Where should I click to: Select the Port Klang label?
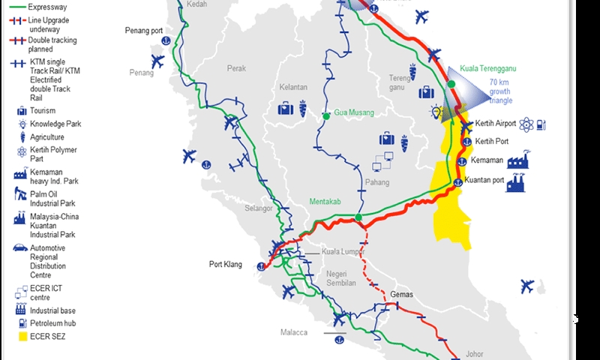tap(225, 264)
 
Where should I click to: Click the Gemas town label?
tap(402, 295)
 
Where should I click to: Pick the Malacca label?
tap(294, 331)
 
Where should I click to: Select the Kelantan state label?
tap(292, 87)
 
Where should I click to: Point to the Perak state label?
tap(237, 68)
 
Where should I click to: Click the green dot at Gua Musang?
tap(325, 116)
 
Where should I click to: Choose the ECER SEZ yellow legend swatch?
tap(22, 337)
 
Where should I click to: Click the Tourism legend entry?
tap(43, 111)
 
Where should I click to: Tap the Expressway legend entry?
tap(48, 6)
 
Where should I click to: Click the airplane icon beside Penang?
tap(157, 60)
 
